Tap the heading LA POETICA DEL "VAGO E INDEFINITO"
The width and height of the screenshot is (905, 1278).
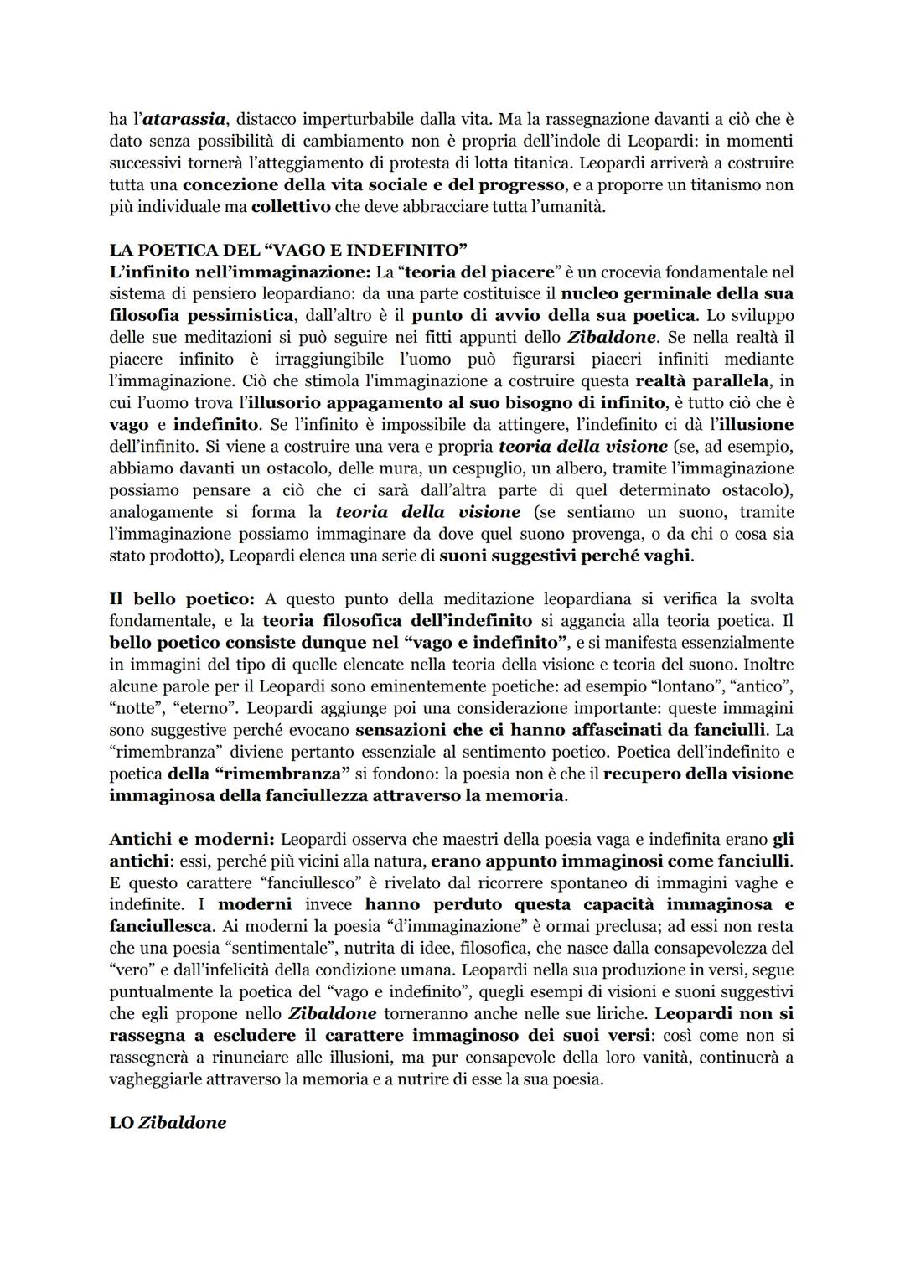[287, 250]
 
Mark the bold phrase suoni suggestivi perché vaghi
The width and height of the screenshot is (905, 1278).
[566, 555]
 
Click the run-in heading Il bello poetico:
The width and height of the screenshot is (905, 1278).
[182, 598]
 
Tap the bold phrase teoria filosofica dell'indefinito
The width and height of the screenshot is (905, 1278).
[397, 620]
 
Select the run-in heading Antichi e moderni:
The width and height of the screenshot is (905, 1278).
[192, 838]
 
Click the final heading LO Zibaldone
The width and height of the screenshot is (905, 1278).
[168, 1123]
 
